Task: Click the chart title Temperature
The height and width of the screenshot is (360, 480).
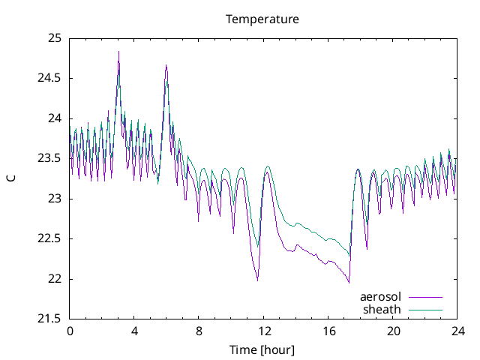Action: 262,19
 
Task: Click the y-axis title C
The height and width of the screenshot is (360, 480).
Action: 10,178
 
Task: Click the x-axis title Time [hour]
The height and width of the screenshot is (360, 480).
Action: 262,349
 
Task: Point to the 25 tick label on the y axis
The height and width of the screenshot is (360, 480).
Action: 55,37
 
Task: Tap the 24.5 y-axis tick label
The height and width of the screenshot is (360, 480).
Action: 50,78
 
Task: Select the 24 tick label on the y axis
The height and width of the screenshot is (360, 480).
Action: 55,118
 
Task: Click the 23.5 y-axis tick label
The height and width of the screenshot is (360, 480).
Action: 50,158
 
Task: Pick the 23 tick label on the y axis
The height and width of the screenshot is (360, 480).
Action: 55,199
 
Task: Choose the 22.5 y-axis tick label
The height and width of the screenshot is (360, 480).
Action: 50,238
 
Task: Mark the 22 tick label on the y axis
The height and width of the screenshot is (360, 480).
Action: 55,279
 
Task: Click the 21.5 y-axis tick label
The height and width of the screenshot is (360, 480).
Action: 50,319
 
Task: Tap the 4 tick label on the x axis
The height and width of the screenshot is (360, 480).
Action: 134,331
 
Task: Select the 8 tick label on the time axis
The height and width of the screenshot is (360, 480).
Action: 199,331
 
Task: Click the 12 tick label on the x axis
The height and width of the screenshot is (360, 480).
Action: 264,331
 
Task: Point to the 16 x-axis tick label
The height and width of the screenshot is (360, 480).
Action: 328,331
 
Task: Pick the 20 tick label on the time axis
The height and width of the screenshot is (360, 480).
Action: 393,331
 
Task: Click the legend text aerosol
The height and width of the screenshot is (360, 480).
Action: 380,296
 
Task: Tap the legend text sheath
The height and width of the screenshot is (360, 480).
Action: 382,309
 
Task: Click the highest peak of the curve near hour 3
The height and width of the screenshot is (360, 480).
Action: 118,52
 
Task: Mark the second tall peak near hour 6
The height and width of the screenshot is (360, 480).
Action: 166,65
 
